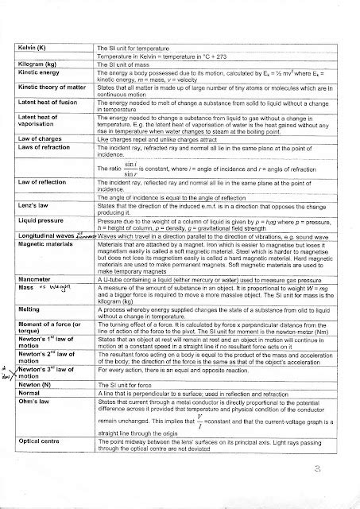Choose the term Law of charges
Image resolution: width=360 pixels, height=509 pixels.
pyautogui.click(x=38, y=138)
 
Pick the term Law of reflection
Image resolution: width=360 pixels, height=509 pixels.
pyautogui.click(x=40, y=182)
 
